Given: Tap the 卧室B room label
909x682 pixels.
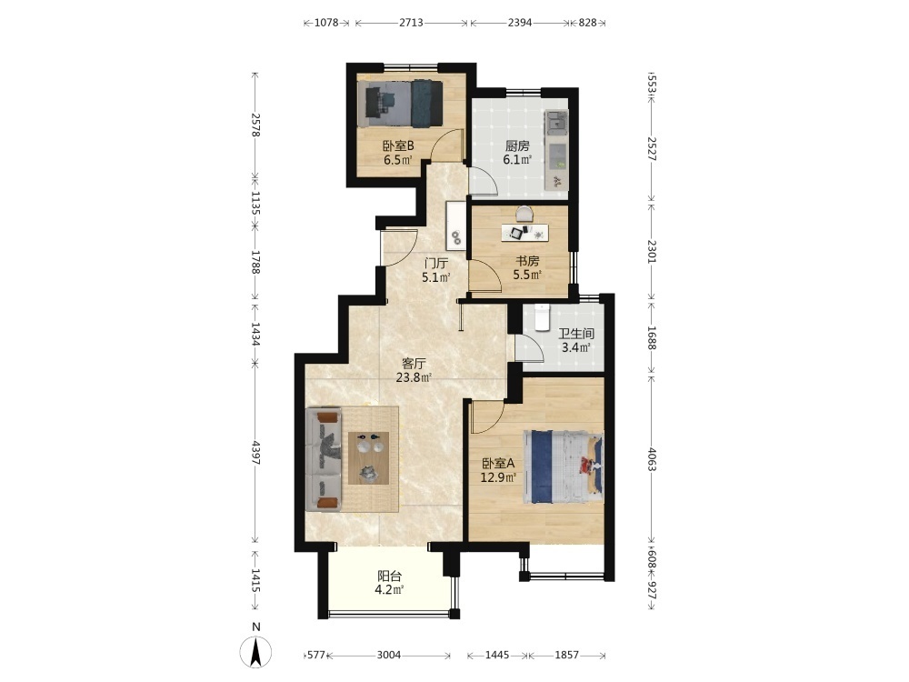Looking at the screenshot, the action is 398,145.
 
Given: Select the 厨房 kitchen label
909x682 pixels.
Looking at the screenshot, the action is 517,145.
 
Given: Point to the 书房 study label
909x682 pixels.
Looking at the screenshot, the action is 527,261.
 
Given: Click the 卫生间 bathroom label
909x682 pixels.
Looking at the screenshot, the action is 576,334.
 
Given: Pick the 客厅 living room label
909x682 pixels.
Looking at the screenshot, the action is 414,365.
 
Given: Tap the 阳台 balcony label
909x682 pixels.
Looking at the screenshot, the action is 390,577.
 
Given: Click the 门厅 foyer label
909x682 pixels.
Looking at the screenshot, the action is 436,264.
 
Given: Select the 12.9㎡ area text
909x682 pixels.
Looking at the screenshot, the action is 498,478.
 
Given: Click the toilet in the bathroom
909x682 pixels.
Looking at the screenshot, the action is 542,317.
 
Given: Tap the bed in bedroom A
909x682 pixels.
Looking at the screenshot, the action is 564,466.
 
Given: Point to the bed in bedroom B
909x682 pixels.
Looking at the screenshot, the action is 400,104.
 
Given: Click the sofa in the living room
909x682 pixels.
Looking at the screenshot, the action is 324,460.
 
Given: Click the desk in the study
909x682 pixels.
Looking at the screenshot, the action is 525,233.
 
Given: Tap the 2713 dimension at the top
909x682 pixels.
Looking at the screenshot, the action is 411,24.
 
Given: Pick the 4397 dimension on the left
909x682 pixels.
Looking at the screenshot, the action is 255,454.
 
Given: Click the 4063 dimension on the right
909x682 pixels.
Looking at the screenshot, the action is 652,458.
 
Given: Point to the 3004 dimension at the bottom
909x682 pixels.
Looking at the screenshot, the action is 389,656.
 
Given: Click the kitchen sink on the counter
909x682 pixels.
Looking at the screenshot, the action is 556,122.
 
